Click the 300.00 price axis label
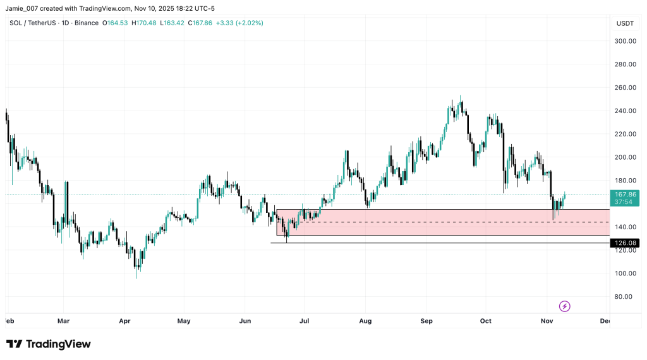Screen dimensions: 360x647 point(626,41)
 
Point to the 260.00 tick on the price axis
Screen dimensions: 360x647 point(626,88)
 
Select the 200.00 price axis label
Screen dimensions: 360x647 point(626,157)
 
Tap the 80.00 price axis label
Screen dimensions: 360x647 point(626,297)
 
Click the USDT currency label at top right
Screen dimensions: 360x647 point(625,23)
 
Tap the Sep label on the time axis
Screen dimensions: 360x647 point(426,321)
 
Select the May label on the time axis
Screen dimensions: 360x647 point(184,321)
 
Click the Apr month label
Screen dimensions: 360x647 point(124,321)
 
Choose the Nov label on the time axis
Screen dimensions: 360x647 point(547,321)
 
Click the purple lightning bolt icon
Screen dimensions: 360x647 point(565,306)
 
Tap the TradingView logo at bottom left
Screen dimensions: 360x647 point(49,344)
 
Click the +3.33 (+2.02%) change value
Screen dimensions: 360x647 point(239,23)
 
